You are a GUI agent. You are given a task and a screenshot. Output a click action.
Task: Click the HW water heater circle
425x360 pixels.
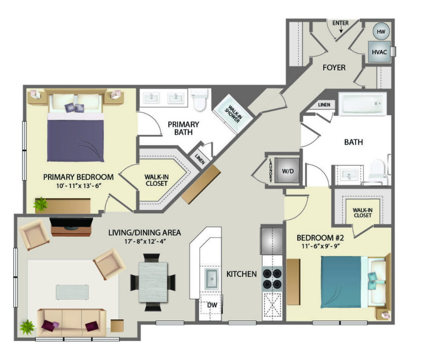pyautogui.click(x=381, y=31)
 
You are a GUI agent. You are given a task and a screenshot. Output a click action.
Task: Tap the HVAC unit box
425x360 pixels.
pyautogui.click(x=379, y=52)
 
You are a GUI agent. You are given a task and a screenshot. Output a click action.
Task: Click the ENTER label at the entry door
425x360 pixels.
pyautogui.click(x=340, y=23)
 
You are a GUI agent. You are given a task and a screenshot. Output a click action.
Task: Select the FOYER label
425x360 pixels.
pyautogui.click(x=334, y=67)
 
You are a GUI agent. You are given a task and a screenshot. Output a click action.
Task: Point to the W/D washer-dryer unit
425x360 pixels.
pyautogui.click(x=288, y=171)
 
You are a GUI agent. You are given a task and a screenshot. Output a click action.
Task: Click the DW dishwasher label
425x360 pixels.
pyautogui.click(x=212, y=305)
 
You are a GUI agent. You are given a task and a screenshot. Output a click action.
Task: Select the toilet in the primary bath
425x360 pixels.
pyautogui.click(x=200, y=99)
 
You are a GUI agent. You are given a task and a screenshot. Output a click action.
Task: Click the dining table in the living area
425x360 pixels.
pyautogui.click(x=153, y=282)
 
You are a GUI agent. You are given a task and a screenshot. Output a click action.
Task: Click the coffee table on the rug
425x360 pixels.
pyautogui.click(x=72, y=292)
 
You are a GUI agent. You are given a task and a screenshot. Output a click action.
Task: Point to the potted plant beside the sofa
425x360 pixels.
pyautogui.click(x=27, y=327)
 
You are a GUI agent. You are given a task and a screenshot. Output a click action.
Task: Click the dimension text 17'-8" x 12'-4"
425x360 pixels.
pyautogui.click(x=145, y=241)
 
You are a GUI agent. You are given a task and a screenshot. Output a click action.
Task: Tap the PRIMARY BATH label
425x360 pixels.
pyautogui.click(x=183, y=128)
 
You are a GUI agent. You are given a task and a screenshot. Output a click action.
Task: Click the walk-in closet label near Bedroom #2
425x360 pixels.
pyautogui.click(x=363, y=213)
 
